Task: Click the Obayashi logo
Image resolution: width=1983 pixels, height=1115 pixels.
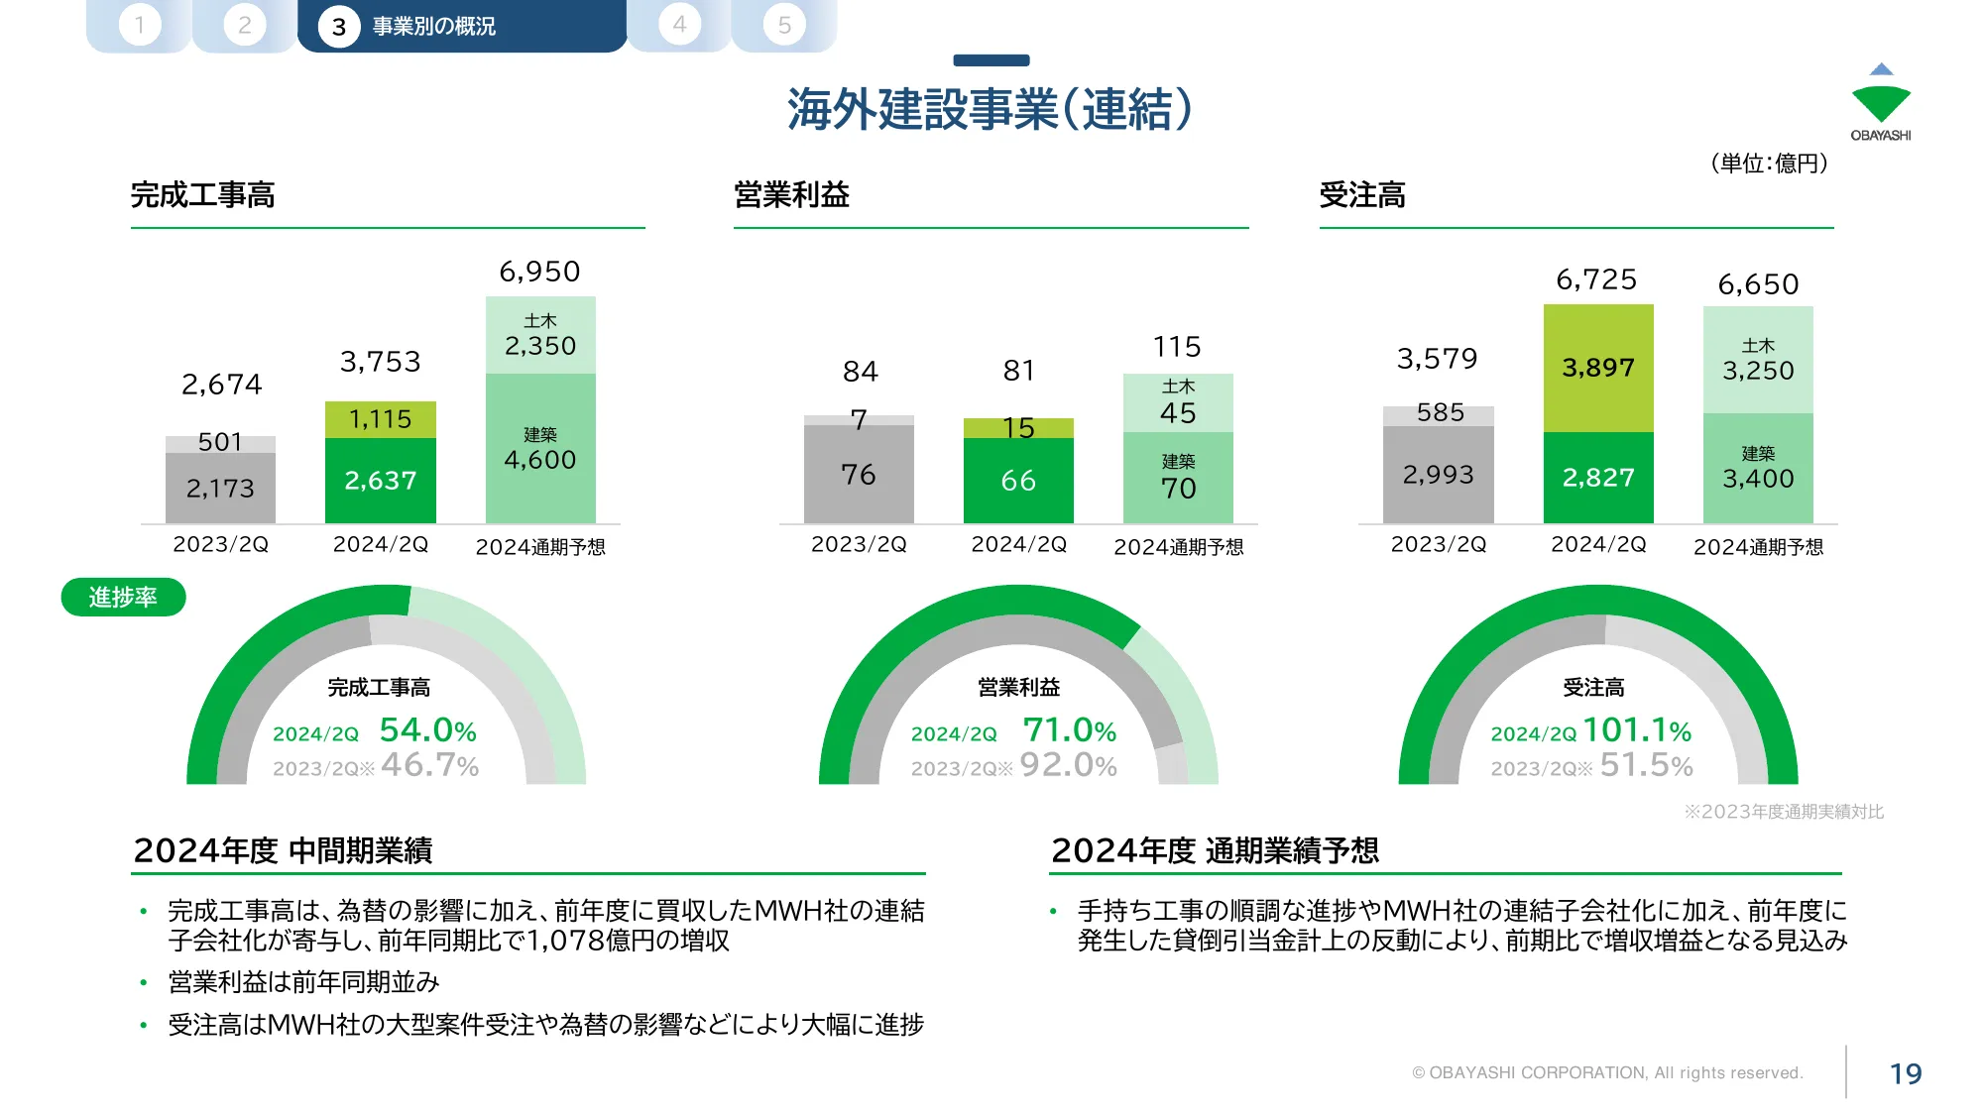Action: tap(1880, 103)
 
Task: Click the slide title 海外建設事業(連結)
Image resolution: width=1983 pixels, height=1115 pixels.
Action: tap(990, 109)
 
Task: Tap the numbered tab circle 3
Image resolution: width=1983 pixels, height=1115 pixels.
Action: tap(339, 27)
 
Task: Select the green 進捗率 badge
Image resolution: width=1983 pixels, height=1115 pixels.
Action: tap(123, 598)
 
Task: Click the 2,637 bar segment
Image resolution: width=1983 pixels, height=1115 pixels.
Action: tap(381, 481)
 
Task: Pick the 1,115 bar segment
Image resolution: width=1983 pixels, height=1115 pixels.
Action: tap(381, 419)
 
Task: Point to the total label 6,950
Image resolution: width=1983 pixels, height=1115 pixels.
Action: tap(539, 272)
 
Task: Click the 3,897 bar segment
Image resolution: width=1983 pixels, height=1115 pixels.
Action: tap(1598, 368)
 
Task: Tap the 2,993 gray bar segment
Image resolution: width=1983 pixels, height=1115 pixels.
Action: tap(1438, 475)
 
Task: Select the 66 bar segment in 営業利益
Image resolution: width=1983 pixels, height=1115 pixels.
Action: tap(1018, 481)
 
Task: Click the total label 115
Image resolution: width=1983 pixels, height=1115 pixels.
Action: tap(1177, 347)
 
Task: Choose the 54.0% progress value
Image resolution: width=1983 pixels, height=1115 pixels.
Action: tap(428, 730)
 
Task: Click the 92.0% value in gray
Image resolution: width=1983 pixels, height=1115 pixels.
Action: tap(1068, 765)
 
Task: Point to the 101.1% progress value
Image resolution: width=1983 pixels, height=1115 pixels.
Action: tap(1637, 730)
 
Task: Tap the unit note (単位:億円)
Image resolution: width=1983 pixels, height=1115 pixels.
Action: tap(1770, 164)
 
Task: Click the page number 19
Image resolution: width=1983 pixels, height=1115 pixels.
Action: tap(1906, 1073)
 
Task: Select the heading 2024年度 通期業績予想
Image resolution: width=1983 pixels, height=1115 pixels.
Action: tap(1215, 850)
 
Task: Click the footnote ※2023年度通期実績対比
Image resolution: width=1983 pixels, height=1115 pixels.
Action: tap(1784, 812)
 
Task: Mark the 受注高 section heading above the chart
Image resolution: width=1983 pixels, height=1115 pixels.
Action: tap(1362, 195)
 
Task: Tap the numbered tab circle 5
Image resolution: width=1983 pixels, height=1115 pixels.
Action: tap(784, 25)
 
